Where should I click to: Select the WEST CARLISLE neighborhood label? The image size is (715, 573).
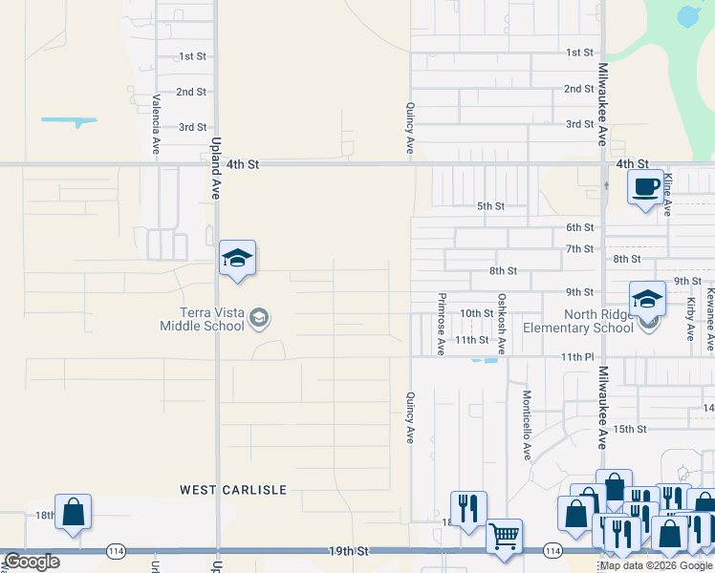coord(233,490)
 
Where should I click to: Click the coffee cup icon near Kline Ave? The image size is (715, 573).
coord(646,185)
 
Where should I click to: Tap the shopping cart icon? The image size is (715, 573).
coord(504,535)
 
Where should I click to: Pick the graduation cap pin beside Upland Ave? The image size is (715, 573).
coord(237,259)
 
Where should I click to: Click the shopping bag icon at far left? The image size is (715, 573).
coord(73,512)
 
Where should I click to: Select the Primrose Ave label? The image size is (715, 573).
coord(442,324)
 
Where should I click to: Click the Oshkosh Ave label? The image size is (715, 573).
coord(501,324)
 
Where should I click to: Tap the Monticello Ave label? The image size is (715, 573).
coord(527,425)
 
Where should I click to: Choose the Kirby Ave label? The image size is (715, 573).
coord(690,319)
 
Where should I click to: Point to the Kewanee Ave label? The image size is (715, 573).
coord(710,319)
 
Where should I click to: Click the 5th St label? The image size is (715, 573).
coord(490,206)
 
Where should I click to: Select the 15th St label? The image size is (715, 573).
coord(630,430)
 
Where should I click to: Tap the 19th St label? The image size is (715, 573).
coord(349,551)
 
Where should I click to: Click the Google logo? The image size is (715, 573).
coord(32,562)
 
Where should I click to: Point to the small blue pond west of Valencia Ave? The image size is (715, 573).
coord(69,121)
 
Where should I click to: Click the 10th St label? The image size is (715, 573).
coord(475,313)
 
